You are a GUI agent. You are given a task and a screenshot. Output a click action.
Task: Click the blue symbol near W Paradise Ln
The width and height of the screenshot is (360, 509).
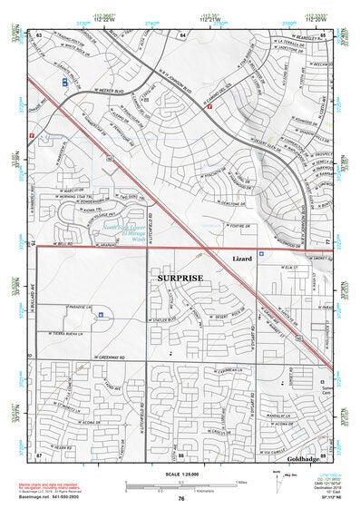click(102, 314)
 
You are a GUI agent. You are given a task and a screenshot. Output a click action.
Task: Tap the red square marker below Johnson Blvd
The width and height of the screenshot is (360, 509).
click(209, 106)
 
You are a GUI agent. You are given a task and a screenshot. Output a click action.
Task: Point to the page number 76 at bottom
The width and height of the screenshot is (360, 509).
click(181, 499)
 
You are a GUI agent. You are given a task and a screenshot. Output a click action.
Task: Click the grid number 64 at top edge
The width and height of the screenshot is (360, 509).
click(182, 33)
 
